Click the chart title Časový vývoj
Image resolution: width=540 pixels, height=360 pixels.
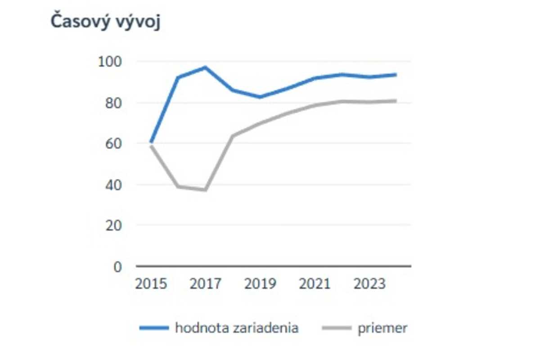point(105,21)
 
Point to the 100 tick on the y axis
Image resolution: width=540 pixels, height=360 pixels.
point(110,61)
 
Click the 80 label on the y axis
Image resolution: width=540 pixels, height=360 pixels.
point(112,103)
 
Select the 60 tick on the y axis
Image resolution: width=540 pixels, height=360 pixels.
point(112,144)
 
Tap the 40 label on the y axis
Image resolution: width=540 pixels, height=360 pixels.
point(112,184)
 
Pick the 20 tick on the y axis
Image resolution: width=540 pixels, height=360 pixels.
point(112,225)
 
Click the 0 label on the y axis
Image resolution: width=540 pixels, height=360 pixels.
point(117,266)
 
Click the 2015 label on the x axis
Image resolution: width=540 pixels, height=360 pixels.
point(151,284)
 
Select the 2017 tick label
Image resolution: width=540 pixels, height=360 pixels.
point(206,284)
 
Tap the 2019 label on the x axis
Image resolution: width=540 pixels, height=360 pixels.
point(260,284)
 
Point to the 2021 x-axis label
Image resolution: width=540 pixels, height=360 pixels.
point(315,284)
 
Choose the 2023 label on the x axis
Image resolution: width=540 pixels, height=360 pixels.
point(369,284)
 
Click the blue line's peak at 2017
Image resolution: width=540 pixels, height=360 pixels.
point(205,67)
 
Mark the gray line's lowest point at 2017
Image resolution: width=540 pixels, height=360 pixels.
point(205,190)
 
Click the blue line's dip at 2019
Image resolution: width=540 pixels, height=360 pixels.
point(260,97)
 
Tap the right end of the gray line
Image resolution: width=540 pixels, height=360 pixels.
point(396,101)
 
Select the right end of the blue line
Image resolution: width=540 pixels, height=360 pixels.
point(396,74)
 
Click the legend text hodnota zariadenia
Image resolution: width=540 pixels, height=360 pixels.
point(237,328)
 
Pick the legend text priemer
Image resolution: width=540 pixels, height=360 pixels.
point(382,328)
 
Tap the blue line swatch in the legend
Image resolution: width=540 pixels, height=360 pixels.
point(154,328)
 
